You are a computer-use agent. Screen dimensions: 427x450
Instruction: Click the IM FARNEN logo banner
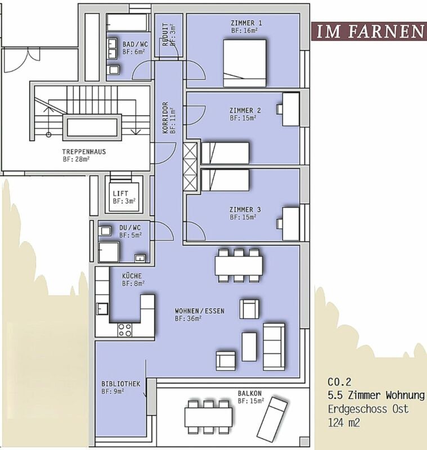(x=369, y=31)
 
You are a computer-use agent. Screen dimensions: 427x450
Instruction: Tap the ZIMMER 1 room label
(x=246, y=22)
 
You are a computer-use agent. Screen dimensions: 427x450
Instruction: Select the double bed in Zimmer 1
(x=245, y=63)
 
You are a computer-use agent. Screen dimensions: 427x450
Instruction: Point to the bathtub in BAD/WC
(x=128, y=22)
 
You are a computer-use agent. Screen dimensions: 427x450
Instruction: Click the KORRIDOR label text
(x=165, y=118)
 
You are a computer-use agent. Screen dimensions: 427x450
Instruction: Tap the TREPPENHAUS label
(x=84, y=151)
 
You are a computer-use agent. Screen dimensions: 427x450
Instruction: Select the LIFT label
(x=120, y=193)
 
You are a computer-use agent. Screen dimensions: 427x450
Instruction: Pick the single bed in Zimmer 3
(x=225, y=180)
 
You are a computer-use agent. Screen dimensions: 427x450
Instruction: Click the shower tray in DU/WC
(x=109, y=251)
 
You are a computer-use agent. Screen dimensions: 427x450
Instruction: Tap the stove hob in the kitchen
(x=125, y=330)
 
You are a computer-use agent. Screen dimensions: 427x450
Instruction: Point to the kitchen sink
(x=102, y=309)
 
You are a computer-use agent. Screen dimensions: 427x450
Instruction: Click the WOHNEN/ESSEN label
(x=200, y=311)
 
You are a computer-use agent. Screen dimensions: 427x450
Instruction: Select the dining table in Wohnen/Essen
(x=239, y=265)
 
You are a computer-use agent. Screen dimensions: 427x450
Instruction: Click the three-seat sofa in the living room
(x=274, y=346)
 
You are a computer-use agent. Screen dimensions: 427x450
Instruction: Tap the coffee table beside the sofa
(x=249, y=346)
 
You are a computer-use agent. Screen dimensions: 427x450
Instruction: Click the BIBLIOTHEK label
(x=121, y=384)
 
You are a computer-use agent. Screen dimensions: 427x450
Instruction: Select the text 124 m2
(x=344, y=422)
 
